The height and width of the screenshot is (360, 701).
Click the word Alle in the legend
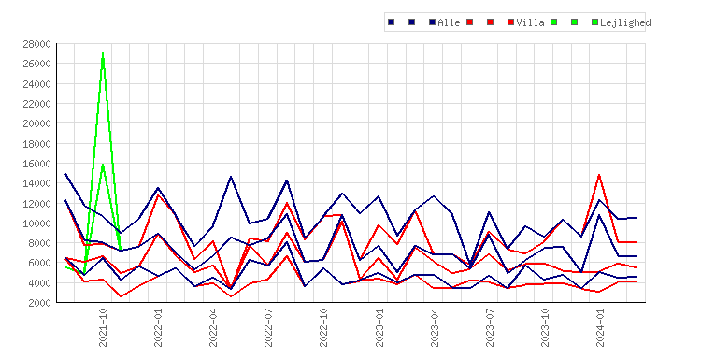point(449,22)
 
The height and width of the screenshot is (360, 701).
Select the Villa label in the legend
point(530,22)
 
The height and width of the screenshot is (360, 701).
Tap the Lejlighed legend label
point(625,22)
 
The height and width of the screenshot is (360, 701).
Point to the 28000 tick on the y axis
point(36,44)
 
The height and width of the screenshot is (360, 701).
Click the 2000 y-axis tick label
point(39,303)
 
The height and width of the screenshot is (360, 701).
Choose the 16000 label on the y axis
point(36,164)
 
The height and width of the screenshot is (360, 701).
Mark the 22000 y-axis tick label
point(36,104)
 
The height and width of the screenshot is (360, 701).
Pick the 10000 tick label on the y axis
point(36,223)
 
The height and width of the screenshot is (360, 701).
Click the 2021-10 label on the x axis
point(103,327)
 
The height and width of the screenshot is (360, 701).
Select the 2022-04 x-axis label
point(213,327)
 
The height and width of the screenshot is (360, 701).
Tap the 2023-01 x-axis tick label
point(379,327)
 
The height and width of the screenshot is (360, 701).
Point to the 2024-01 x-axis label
point(600,327)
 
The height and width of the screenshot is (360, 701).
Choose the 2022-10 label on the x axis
point(323,327)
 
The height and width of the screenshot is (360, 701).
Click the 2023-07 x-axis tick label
point(490,327)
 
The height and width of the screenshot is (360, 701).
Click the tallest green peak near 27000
point(103,53)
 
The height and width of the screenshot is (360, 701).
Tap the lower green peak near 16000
point(103,165)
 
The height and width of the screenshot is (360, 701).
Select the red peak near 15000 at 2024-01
point(599,175)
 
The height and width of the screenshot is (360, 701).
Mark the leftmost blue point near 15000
point(65,174)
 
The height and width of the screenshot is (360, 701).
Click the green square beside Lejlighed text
point(594,22)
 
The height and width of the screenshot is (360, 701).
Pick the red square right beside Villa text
point(510,22)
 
